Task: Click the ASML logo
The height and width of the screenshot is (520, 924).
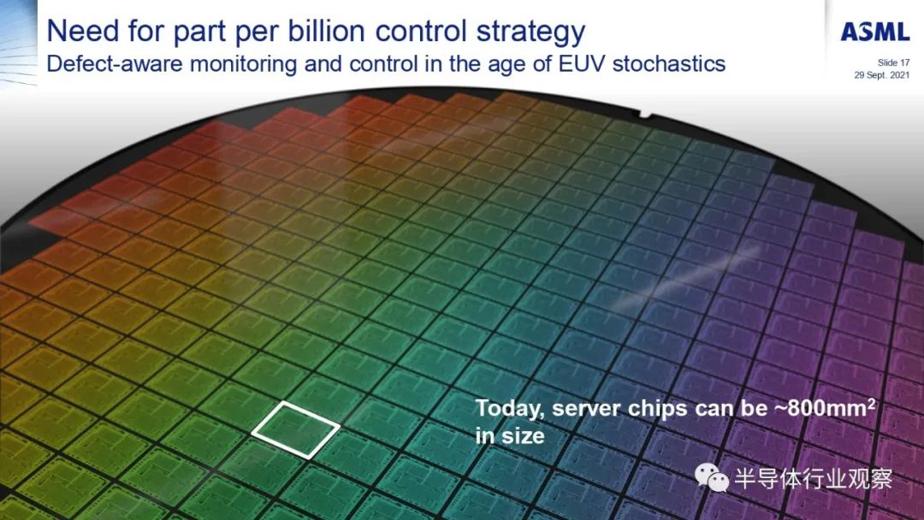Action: pos(875,32)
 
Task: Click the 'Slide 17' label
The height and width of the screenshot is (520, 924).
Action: pos(893,62)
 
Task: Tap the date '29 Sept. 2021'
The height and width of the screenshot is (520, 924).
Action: pos(882,74)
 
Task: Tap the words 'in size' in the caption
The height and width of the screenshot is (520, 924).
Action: pos(510,436)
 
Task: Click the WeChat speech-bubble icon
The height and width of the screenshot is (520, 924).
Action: pos(712,477)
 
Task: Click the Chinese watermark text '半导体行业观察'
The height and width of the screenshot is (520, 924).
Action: pos(814,479)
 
